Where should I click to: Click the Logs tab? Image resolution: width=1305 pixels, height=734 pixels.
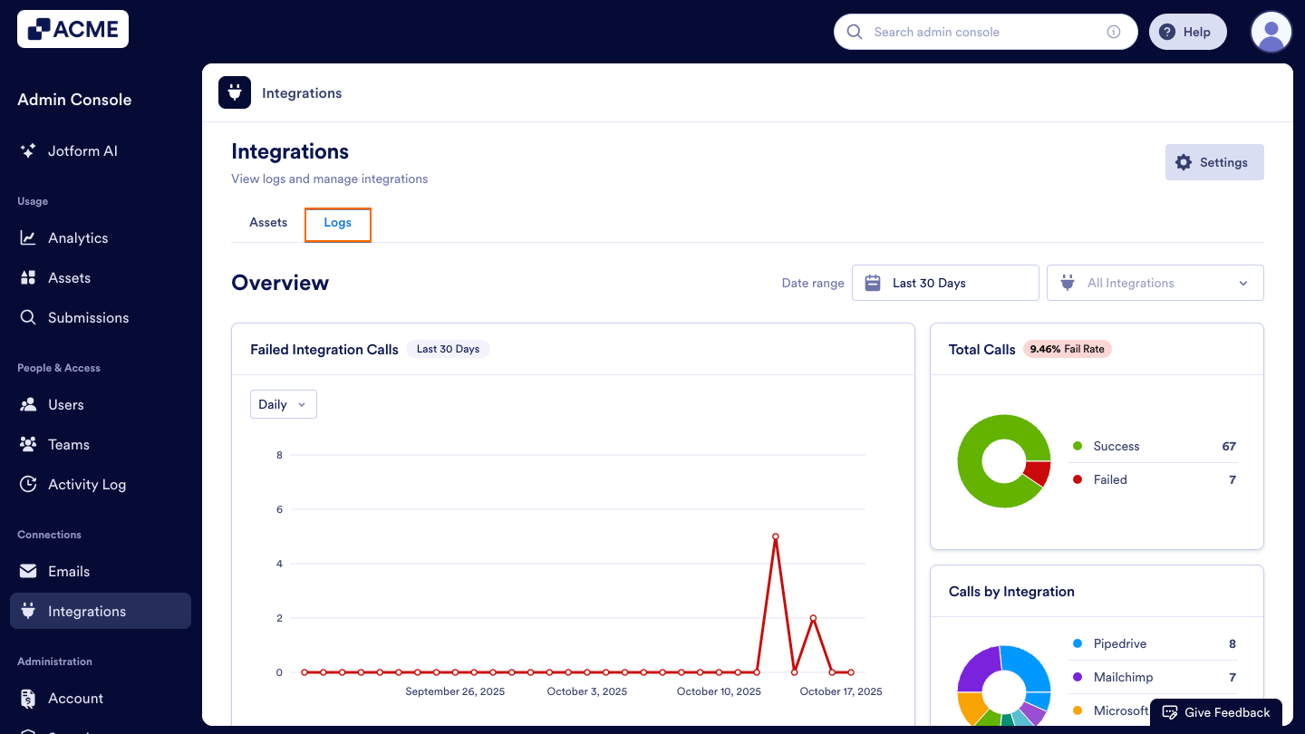pyautogui.click(x=337, y=223)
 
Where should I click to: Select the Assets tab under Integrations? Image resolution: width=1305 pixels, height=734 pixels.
pyautogui.click(x=268, y=223)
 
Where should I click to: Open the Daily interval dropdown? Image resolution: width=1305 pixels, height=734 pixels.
pyautogui.click(x=283, y=404)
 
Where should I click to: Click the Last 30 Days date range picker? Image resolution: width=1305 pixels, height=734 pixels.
pyautogui.click(x=945, y=283)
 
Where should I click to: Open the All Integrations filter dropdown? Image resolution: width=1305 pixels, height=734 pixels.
pyautogui.click(x=1155, y=283)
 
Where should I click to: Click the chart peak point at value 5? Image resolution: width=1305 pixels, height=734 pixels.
pyautogui.click(x=776, y=536)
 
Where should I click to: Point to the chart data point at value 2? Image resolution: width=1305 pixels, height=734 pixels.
pyautogui.click(x=813, y=618)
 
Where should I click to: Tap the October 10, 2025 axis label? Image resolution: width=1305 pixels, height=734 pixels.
pyautogui.click(x=719, y=691)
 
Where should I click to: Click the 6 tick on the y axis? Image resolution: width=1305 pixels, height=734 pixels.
pyautogui.click(x=279, y=509)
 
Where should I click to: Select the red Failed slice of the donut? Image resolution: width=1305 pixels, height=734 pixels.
pyautogui.click(x=1036, y=473)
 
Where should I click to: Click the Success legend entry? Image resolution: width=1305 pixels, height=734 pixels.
pyautogui.click(x=1116, y=446)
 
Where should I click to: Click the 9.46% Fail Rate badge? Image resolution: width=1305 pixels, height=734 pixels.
pyautogui.click(x=1067, y=349)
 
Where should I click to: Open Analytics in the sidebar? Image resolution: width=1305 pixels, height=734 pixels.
pyautogui.click(x=78, y=238)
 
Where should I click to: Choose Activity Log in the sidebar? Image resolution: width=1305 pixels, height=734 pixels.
pyautogui.click(x=86, y=485)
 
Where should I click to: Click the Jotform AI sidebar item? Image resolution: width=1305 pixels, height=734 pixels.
pyautogui.click(x=82, y=151)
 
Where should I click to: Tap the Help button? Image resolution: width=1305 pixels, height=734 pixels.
pyautogui.click(x=1187, y=32)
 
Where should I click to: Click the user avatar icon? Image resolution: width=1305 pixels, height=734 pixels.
pyautogui.click(x=1271, y=32)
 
